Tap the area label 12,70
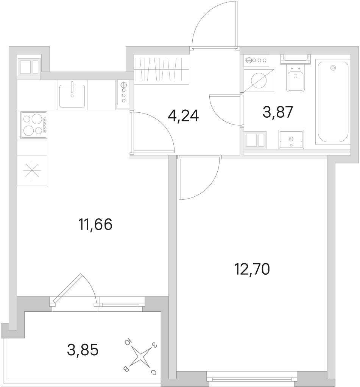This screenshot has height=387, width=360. point(252,269)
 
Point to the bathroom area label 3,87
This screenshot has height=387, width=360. point(278,112)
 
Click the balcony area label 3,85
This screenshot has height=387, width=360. point(83,350)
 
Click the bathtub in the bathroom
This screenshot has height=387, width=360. point(333,101)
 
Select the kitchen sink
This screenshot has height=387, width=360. point(72,95)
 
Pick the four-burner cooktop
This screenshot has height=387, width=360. point(34,124)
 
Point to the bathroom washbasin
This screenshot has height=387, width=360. point(291,140)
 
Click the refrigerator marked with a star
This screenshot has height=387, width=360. point(32,170)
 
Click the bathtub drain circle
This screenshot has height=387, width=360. point(333,68)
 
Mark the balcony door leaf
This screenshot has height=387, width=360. point(67,288)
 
